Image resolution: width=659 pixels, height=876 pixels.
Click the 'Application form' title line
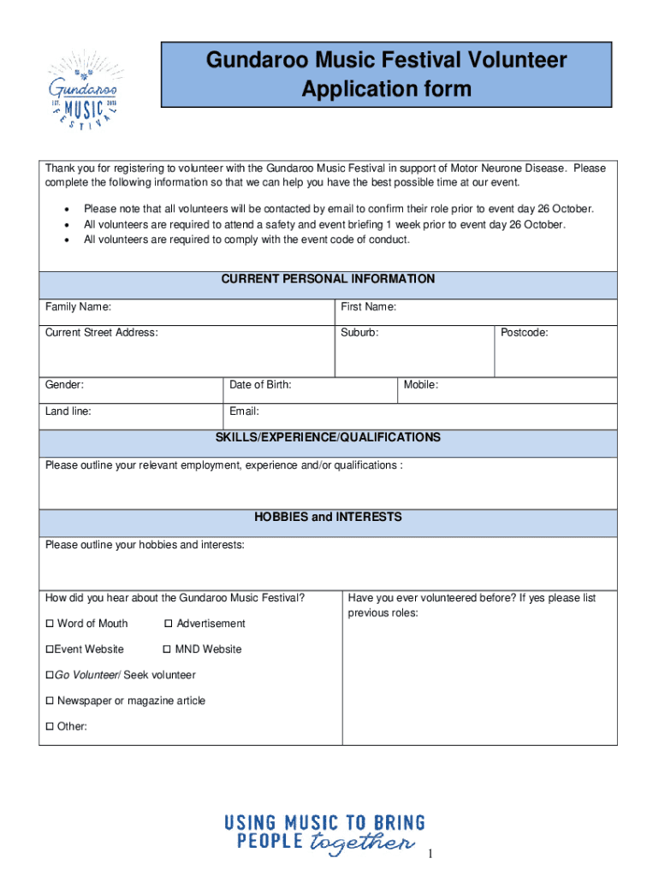tap(386, 89)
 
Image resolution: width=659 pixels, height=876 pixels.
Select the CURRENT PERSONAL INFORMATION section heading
tap(328, 280)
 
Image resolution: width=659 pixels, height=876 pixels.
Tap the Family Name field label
tap(78, 307)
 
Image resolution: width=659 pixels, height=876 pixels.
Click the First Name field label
tap(368, 307)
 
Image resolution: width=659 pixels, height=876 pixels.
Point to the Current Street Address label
tap(101, 333)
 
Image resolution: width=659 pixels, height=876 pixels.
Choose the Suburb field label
tap(359, 333)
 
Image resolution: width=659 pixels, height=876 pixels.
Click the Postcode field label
tap(525, 333)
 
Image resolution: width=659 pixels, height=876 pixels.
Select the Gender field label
tap(64, 385)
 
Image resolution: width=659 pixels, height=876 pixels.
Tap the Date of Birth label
tap(260, 385)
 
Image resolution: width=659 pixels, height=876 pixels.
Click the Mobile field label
tap(421, 385)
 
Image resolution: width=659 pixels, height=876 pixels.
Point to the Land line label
tap(68, 411)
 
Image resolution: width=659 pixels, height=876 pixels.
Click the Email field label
tap(244, 411)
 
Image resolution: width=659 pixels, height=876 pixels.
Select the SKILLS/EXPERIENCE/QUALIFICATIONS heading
tap(328, 437)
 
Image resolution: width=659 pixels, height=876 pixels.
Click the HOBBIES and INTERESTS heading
tap(328, 518)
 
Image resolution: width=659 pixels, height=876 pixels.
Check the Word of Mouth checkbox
tap(50, 624)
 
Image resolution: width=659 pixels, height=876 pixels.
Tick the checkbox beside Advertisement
tap(169, 624)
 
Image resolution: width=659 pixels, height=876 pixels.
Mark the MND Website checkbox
tap(168, 649)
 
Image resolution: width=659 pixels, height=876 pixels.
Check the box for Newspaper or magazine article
tap(50, 701)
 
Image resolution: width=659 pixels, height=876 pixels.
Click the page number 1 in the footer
tap(432, 855)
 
